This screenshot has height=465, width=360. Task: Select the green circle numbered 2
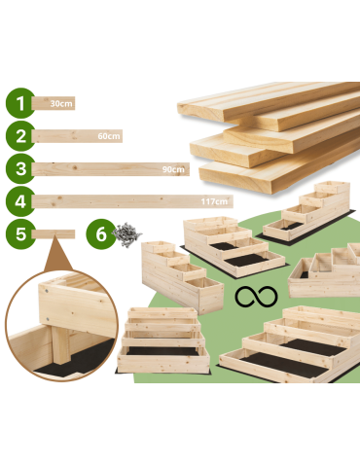click(18, 136)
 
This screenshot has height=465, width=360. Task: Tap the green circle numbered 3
click(18, 168)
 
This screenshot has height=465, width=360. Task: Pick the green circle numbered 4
click(18, 201)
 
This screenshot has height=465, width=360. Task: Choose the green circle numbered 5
click(18, 234)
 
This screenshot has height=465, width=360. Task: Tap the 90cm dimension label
click(174, 169)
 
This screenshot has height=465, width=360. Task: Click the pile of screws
click(125, 233)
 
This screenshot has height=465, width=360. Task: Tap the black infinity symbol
click(250, 297)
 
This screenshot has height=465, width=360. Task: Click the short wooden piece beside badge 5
click(54, 234)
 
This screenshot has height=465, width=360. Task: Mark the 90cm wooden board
click(97, 169)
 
